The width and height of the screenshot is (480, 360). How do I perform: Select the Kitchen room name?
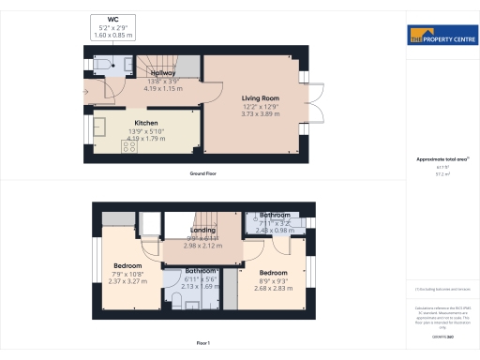[145, 123]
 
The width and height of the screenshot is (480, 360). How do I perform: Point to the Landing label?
[203, 230]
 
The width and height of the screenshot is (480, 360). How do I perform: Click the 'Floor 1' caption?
[203, 344]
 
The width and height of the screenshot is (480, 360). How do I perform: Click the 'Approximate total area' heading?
[441, 159]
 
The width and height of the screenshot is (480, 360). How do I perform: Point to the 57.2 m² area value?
[441, 174]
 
